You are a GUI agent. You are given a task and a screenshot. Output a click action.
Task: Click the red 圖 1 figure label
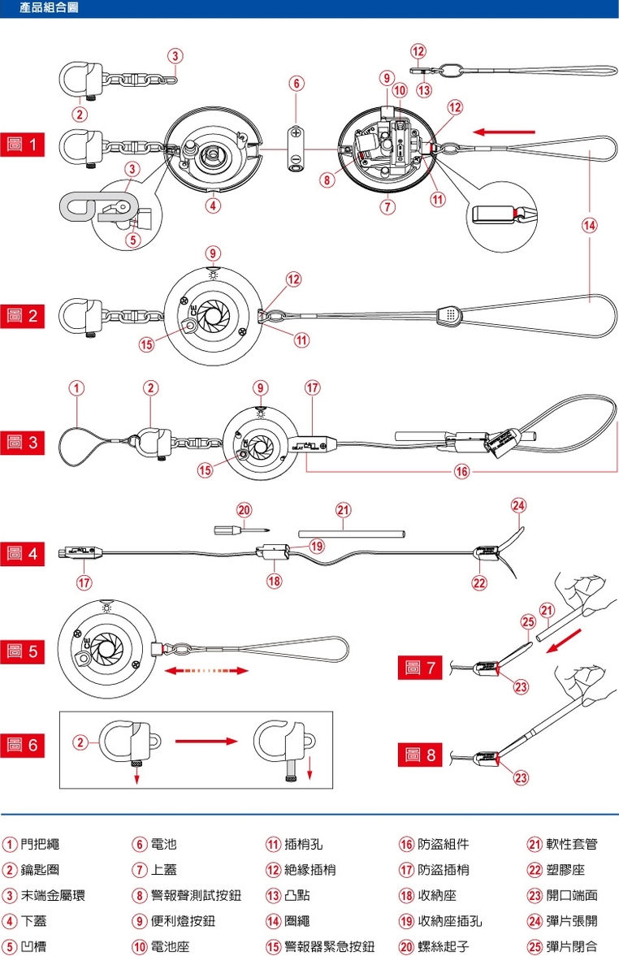pos(22,145)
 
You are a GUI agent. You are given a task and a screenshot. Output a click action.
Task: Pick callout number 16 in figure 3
pos(461,469)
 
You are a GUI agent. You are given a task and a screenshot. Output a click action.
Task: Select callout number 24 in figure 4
pos(518,504)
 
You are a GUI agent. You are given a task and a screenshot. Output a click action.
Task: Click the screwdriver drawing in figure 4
pos(235,530)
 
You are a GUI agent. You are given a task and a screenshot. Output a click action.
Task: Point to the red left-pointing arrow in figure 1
pos(506,130)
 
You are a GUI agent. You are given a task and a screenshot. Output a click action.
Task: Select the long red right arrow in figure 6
pos(205,741)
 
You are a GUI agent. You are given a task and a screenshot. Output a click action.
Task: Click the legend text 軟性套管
pos(572,844)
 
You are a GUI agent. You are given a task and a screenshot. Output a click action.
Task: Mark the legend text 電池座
pos(170,946)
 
